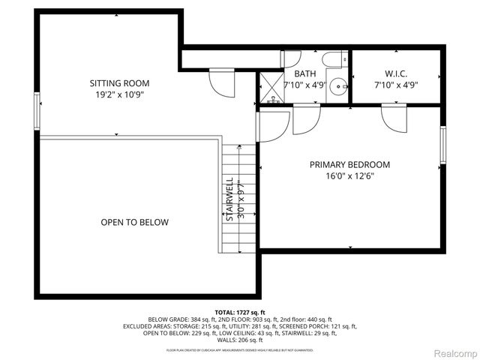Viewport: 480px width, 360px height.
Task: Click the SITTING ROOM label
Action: pos(120,83)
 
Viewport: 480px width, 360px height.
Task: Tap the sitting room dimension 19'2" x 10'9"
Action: pos(120,95)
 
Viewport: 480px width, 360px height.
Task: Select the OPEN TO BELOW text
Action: pos(135,223)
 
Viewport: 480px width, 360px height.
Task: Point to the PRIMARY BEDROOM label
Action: pos(350,165)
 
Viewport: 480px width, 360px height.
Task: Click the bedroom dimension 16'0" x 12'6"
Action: pos(350,177)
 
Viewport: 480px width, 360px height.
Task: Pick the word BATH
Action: pos(304,73)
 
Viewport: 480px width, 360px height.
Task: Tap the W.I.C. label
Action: pos(394,73)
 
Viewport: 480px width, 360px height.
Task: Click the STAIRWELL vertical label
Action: pos(230,199)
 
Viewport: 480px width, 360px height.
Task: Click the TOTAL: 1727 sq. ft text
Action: pos(240,312)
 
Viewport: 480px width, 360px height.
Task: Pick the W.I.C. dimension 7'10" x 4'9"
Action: pos(394,85)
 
